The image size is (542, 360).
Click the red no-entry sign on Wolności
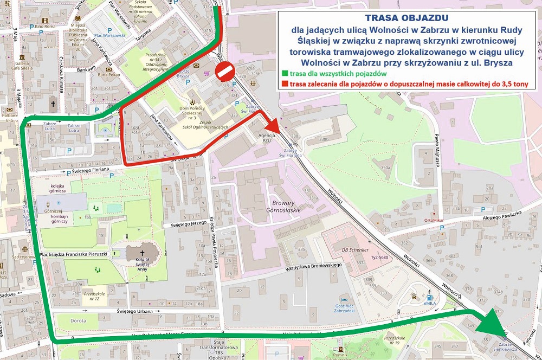(x=225, y=71)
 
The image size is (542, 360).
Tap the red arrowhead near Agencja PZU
(x=272, y=125)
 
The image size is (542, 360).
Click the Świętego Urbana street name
(x=139, y=311)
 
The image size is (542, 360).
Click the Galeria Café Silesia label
(x=28, y=64)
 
